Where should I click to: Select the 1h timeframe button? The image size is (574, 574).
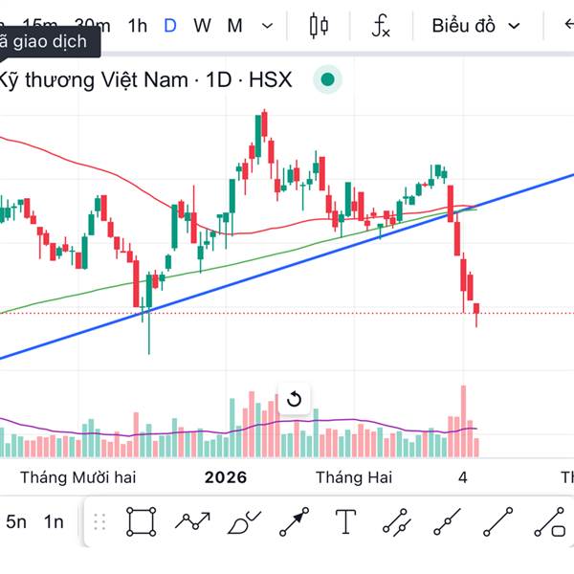(138, 26)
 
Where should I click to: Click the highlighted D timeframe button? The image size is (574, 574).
(170, 26)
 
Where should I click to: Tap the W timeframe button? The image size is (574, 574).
(202, 26)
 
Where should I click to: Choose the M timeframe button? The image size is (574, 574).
(234, 26)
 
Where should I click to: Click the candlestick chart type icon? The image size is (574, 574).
(319, 26)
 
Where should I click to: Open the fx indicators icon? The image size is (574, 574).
(381, 26)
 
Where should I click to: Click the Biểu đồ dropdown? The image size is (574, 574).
(475, 26)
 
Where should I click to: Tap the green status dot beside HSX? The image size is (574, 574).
(328, 79)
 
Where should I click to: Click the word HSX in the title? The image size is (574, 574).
(270, 79)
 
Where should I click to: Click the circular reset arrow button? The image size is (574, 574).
(295, 399)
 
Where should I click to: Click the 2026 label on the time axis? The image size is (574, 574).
(226, 476)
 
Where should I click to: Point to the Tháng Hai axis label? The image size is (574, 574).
(354, 476)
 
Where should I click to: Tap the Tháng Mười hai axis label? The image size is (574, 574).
(78, 476)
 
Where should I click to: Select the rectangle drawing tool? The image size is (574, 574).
(141, 521)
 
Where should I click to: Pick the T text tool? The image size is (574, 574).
(345, 521)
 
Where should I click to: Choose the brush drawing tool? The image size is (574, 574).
(244, 522)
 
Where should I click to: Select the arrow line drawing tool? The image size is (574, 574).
(295, 521)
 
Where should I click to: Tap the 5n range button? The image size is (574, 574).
(16, 521)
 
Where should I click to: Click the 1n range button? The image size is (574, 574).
(55, 521)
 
